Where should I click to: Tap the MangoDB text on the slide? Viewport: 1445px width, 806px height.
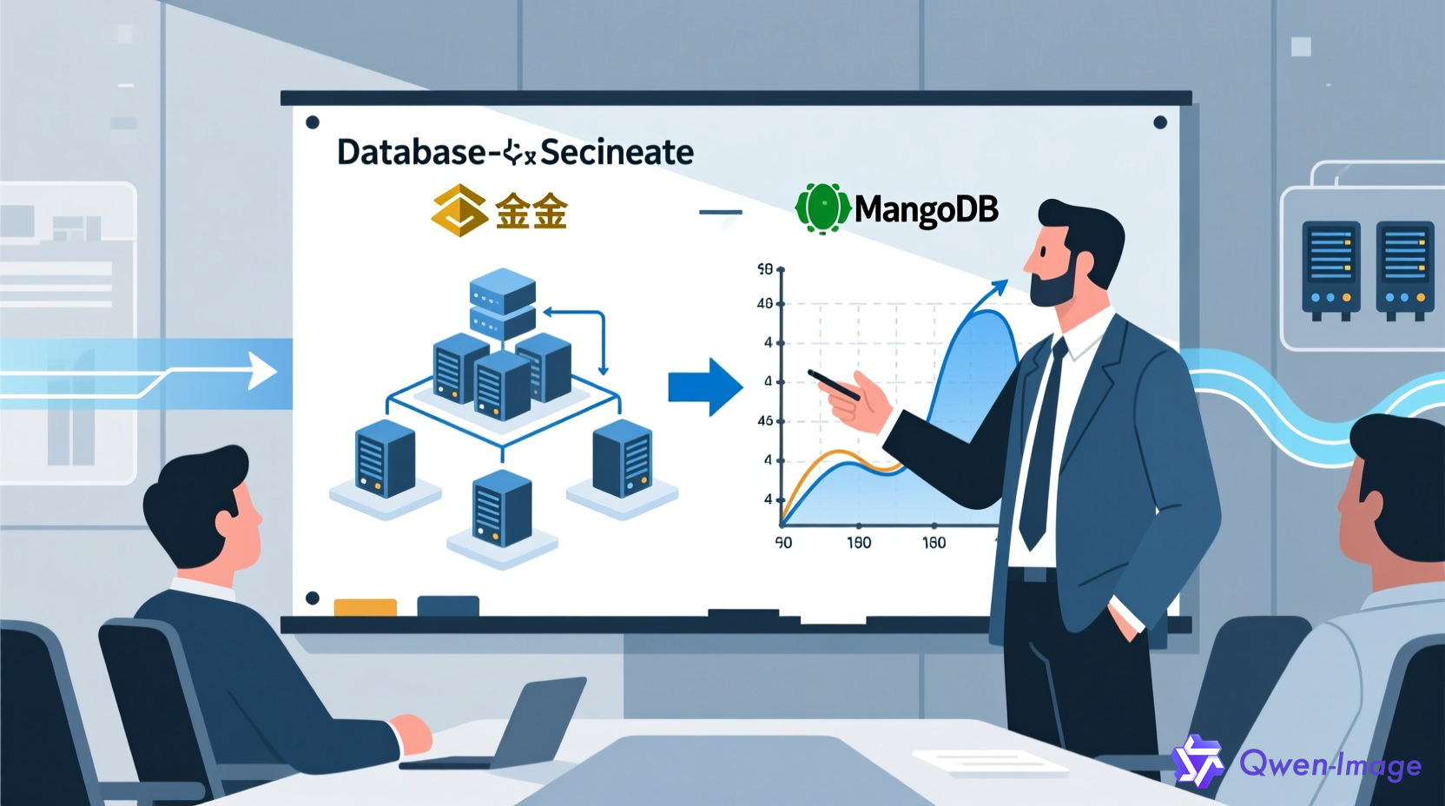pos(926,209)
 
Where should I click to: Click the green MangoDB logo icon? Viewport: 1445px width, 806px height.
pos(821,208)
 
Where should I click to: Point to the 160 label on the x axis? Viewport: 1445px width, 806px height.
pos(934,543)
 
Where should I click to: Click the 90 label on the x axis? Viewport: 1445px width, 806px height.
pos(783,543)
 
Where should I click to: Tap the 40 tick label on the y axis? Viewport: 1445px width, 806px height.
pos(764,304)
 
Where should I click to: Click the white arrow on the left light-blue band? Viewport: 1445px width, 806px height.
pos(261,371)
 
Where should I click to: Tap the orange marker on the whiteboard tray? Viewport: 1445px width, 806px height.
pos(365,607)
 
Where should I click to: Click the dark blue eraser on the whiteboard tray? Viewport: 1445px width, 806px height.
pos(448,605)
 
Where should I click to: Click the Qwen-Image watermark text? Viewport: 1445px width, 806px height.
pos(1330,764)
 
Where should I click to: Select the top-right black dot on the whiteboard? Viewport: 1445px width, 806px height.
pos(1159,122)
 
